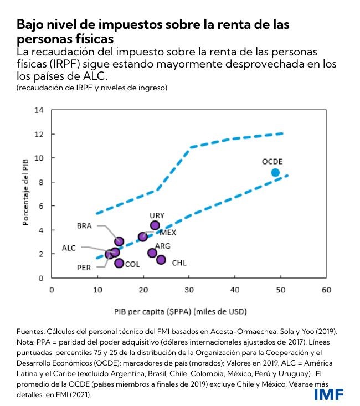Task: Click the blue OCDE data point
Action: point(275,172)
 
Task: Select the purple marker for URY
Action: point(155,225)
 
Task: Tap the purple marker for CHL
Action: point(161,260)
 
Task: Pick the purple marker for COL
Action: point(119,263)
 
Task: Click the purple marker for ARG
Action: point(152,253)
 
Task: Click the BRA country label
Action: point(85,225)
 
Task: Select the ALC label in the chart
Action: point(69,248)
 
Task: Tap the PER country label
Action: point(84,267)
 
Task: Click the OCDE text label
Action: point(272,161)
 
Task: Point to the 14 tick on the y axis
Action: point(39,110)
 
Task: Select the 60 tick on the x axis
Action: point(326,290)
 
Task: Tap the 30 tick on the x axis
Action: point(189,290)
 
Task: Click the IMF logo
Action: point(328,394)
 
